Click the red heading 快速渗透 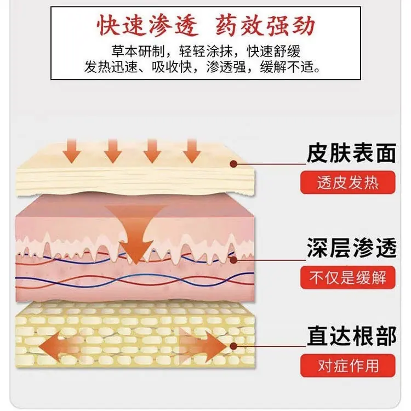(147, 25)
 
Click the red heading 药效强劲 (265, 25)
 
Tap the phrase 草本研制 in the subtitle (138, 51)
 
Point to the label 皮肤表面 (351, 153)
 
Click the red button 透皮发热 (348, 182)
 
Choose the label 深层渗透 (351, 248)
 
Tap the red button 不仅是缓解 (348, 278)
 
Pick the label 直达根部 (351, 336)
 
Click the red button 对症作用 (348, 366)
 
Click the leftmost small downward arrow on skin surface (72, 151)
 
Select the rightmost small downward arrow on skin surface (192, 151)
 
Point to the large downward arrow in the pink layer (136, 233)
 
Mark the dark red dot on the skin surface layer (233, 164)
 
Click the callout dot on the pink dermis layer (233, 260)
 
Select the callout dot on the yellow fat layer (233, 346)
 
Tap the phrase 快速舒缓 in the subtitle (273, 51)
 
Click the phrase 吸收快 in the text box (172, 67)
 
